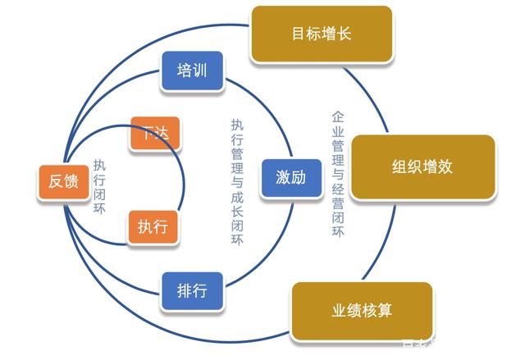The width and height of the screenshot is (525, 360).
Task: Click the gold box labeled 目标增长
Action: [x=322, y=34]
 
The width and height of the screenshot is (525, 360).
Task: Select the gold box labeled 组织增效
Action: [x=423, y=167]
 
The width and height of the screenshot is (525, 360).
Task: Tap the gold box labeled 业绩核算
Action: [x=362, y=312]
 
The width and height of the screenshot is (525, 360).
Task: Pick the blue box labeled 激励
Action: [x=291, y=177]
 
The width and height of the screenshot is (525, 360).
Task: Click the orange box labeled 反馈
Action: [x=63, y=182]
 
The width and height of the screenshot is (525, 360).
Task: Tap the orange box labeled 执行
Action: [x=153, y=227]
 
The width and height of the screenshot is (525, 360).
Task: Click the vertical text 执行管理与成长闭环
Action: [x=237, y=180]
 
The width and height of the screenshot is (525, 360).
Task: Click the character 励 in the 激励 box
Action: [x=300, y=177]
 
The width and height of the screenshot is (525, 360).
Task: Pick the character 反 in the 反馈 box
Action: [x=55, y=182]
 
